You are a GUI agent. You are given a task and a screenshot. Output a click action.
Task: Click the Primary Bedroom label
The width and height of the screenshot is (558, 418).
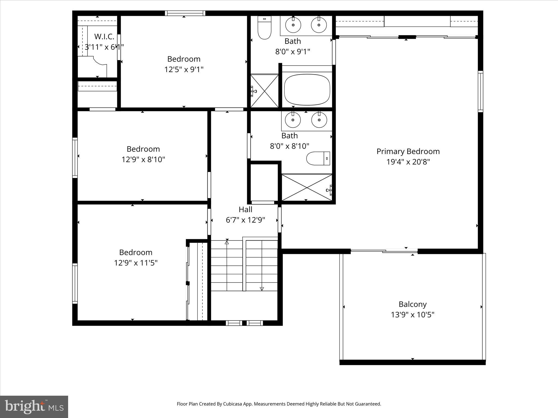[x=408, y=151]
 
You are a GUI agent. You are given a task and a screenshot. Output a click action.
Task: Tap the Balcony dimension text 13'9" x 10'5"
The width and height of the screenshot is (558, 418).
[x=412, y=315]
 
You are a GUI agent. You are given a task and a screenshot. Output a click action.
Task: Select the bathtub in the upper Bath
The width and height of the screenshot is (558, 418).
[x=307, y=90]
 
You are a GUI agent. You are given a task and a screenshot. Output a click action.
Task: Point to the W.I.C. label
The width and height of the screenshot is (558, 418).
[x=104, y=36]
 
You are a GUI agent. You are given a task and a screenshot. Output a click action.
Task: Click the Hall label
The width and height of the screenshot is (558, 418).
[x=245, y=210]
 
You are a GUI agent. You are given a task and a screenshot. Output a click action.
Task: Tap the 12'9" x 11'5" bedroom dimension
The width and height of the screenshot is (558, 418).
[x=135, y=263]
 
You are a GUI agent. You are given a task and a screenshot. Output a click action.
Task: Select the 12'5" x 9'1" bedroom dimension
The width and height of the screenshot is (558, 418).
[x=184, y=70]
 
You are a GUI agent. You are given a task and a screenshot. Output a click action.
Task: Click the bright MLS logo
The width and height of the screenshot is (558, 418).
[x=34, y=407]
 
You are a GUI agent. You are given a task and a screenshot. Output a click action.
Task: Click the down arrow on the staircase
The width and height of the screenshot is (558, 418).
[x=262, y=288]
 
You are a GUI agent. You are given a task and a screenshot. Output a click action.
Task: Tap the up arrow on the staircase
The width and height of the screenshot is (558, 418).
[x=227, y=242]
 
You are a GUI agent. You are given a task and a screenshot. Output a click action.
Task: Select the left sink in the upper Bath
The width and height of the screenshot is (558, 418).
[x=293, y=25]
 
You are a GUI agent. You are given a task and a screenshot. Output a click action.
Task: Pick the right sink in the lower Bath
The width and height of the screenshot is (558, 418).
[x=319, y=120]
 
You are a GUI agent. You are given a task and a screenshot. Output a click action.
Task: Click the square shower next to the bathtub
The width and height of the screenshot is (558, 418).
[x=264, y=91]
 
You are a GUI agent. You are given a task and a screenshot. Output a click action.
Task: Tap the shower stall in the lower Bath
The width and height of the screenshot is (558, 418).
[x=307, y=188]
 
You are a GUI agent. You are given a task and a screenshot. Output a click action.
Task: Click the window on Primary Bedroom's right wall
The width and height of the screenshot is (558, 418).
[x=481, y=91]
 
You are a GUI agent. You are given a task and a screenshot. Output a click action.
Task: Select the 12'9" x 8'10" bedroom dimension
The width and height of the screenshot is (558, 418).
[x=143, y=159]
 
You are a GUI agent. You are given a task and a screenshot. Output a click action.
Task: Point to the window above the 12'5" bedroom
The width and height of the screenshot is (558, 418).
[x=185, y=13]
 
